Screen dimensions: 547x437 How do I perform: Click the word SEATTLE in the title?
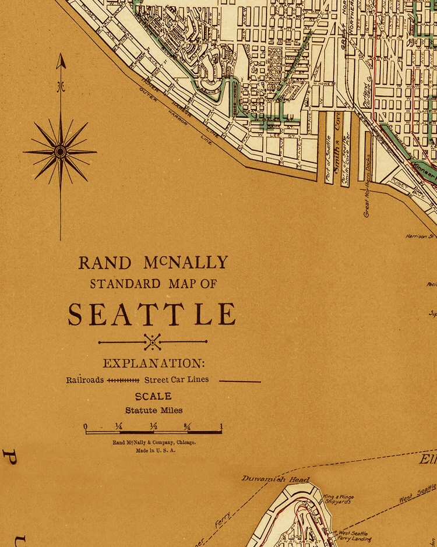152,315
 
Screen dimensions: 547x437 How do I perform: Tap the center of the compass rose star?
60,152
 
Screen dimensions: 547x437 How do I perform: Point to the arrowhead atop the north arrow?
61,61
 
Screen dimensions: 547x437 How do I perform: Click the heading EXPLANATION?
154,364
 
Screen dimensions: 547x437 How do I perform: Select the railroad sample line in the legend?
123,380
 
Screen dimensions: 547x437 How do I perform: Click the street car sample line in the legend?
239,382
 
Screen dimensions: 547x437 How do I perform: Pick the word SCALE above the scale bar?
153,397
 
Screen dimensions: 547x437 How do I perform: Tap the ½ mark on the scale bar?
154,426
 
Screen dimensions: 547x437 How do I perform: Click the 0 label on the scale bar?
86,427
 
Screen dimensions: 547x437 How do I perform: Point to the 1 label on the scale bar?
221,426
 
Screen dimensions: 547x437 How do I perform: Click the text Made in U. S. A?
155,450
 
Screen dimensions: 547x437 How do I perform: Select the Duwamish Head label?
276,479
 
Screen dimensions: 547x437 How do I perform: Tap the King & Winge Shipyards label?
339,500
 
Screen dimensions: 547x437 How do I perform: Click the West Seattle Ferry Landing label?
354,536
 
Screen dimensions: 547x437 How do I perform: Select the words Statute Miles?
154,410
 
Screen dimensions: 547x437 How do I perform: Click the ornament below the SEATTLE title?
153,341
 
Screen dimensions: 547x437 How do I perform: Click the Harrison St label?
421,237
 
